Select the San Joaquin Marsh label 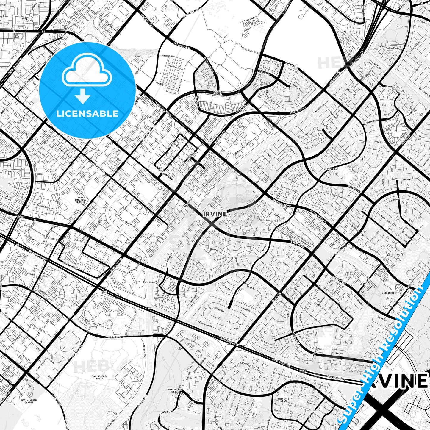point(99,377)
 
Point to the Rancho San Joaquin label point(175,390)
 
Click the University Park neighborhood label point(285,400)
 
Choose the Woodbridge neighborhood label point(389,293)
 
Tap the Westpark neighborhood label point(329,169)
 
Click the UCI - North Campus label point(29,401)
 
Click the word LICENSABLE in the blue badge point(87,114)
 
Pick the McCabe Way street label point(70,265)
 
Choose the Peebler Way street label point(175,68)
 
